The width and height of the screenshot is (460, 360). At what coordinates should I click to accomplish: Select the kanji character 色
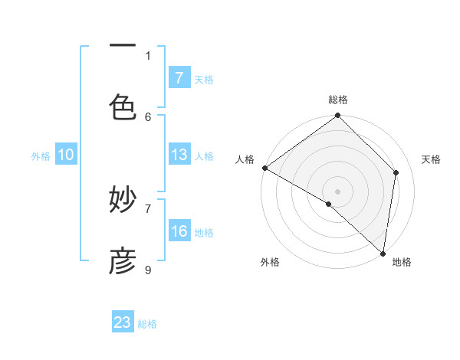coord(123,106)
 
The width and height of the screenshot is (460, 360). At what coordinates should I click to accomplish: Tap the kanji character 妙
coord(123,201)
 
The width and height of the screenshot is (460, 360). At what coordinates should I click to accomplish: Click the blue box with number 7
coord(179,77)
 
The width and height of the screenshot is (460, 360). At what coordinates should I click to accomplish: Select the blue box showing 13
coord(179,155)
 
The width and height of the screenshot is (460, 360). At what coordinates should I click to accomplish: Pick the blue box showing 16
coord(179,231)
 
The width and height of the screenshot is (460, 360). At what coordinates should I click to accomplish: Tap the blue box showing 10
coord(66,155)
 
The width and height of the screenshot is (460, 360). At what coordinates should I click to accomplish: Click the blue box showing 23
coord(123,322)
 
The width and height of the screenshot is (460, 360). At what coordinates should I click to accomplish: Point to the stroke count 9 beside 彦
coord(148,270)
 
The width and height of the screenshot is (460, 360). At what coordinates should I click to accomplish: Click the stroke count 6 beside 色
coord(148,116)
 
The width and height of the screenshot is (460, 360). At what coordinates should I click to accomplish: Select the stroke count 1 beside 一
coord(148,55)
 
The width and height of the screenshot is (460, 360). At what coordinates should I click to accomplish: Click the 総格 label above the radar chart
coord(338,100)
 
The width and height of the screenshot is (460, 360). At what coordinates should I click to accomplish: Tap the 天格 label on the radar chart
coord(431,159)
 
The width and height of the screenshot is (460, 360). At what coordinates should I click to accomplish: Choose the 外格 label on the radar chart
coord(269,263)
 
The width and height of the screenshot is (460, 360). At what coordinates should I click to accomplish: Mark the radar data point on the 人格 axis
coord(264,168)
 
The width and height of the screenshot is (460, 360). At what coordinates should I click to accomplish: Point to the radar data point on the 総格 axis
coord(338,116)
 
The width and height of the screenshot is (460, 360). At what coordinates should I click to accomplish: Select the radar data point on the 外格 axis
coord(329,204)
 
